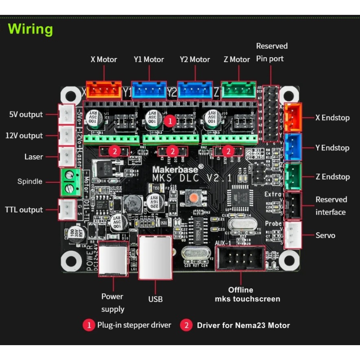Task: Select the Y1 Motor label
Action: coord(148,59)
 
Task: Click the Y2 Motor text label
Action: coord(195,59)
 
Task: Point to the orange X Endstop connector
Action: coord(293,117)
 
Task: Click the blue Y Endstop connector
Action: coord(293,147)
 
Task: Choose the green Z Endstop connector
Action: coord(293,176)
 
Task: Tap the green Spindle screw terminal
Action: coord(68,182)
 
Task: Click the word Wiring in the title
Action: coord(31,29)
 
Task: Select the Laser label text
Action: coord(34,157)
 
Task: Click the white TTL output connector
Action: coord(67,209)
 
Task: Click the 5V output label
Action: coord(26,114)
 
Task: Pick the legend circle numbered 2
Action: coord(186,325)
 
